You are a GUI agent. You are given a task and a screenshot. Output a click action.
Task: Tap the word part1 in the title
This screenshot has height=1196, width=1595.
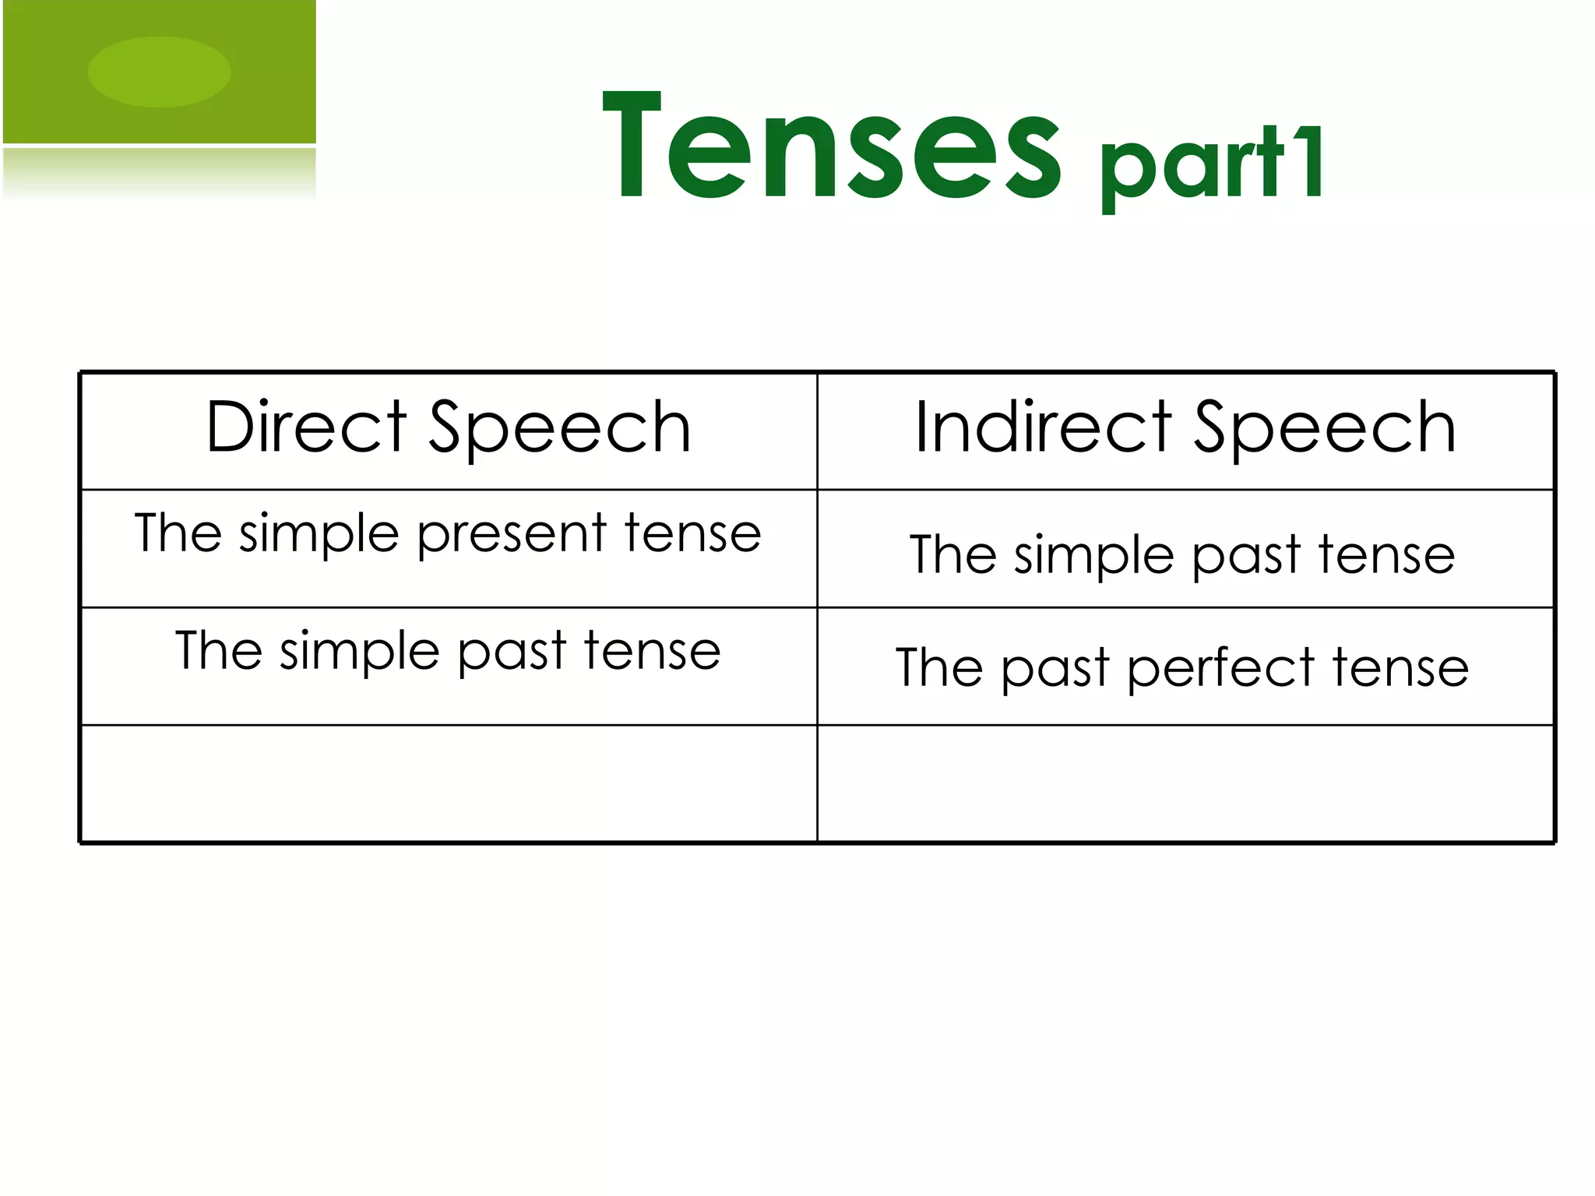click(1211, 165)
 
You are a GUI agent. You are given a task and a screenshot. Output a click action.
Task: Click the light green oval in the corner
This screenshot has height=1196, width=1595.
click(159, 72)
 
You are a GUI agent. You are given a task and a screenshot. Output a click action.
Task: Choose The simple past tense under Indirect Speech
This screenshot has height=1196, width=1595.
click(1182, 555)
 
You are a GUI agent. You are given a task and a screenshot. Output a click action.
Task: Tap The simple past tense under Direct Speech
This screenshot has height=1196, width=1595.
click(448, 652)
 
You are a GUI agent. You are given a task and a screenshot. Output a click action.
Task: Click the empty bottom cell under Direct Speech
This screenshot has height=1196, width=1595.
click(448, 783)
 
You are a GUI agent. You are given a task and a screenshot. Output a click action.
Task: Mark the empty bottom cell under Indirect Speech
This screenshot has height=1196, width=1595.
click(1185, 783)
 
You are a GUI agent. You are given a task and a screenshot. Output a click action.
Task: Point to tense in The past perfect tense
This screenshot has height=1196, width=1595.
click(1400, 668)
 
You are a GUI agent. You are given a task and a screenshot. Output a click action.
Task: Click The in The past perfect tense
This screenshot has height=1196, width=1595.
click(939, 668)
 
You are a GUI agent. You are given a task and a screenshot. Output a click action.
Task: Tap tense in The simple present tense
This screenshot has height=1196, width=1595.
click(692, 534)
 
